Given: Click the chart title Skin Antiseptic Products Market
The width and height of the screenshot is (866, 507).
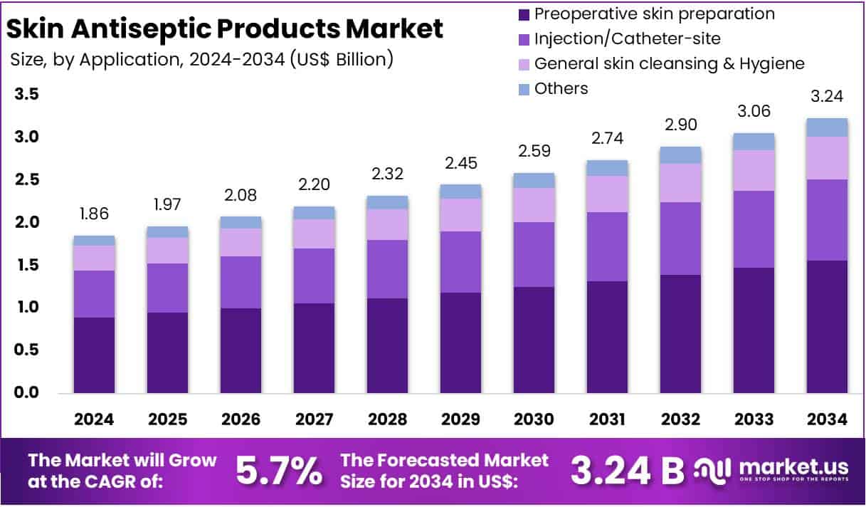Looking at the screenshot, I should [226, 28].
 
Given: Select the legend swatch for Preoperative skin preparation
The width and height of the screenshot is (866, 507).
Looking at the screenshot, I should [524, 14].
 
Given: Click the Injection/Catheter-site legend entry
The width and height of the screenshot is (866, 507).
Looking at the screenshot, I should [627, 38].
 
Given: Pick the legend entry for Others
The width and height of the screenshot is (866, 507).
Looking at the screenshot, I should [561, 88].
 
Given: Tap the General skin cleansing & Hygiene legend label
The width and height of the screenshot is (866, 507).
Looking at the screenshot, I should [669, 63].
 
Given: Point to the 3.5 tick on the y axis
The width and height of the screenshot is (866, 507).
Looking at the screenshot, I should [26, 95].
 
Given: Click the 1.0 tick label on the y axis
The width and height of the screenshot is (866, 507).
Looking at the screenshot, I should [26, 308].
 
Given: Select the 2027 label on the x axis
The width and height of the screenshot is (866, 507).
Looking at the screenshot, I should [314, 419].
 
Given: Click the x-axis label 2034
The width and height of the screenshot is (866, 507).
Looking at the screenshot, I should [827, 419].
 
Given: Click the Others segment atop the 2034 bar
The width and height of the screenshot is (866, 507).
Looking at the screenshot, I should [827, 127].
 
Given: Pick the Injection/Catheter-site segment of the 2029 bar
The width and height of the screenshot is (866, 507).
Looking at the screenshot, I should [460, 261].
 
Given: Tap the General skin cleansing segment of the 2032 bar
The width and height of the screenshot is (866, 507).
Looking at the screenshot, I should [680, 183].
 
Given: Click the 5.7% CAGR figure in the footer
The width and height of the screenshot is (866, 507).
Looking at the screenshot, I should [279, 471].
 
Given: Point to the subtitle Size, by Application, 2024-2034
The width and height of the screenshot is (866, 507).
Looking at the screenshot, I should [202, 59].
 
